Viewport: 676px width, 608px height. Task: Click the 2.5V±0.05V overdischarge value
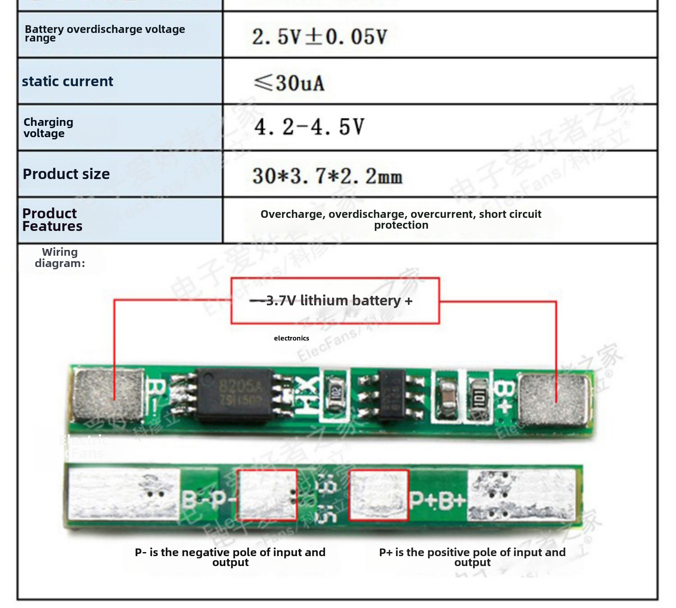(320, 37)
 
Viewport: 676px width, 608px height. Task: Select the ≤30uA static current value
(289, 83)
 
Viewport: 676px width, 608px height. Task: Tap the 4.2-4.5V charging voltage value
(309, 127)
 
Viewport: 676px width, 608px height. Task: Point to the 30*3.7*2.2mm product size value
(327, 176)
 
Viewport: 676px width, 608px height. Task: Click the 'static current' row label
(68, 82)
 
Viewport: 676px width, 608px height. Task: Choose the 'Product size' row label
(66, 174)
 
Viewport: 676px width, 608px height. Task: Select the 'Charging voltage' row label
(48, 128)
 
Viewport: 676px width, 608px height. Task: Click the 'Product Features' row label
(52, 220)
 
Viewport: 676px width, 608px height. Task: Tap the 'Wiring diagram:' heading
(60, 258)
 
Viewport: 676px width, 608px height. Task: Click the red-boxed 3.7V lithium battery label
(335, 300)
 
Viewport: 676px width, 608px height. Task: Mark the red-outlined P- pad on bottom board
(267, 495)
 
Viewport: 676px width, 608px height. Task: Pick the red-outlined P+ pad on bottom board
(379, 495)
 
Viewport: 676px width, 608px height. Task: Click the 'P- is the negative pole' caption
(230, 557)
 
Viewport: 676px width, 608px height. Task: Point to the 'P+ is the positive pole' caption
(472, 557)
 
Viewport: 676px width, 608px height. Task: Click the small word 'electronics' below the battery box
(292, 338)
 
